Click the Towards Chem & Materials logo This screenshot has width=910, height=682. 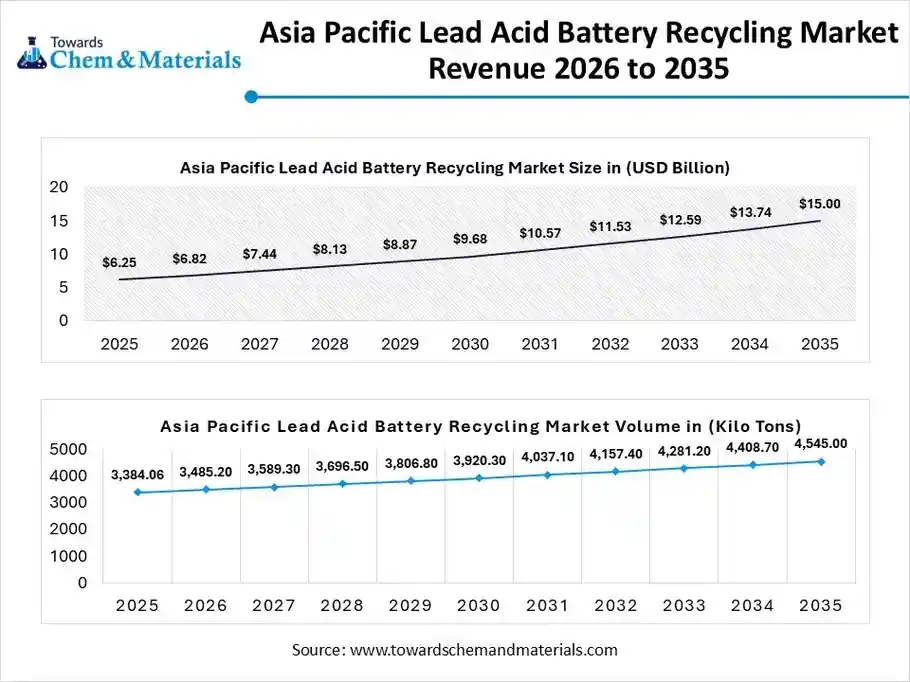pos(129,50)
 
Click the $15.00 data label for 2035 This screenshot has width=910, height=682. pos(819,203)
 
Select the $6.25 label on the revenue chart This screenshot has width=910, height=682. pos(119,262)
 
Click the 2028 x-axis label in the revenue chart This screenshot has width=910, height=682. pos(329,344)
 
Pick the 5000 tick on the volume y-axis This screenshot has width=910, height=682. pos(69,449)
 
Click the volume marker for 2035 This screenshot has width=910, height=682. pos(821,461)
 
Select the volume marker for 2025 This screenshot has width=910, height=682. pos(137,492)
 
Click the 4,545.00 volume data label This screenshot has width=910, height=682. pos(820,443)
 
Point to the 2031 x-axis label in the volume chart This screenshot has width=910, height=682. pos(547,605)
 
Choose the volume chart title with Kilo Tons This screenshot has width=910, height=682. pos(480,426)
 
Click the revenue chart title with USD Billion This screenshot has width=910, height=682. pos(455,167)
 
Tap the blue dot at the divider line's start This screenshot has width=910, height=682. pos(251,97)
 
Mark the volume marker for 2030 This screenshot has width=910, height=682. pos(479,478)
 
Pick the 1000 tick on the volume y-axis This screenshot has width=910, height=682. pos(69,556)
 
